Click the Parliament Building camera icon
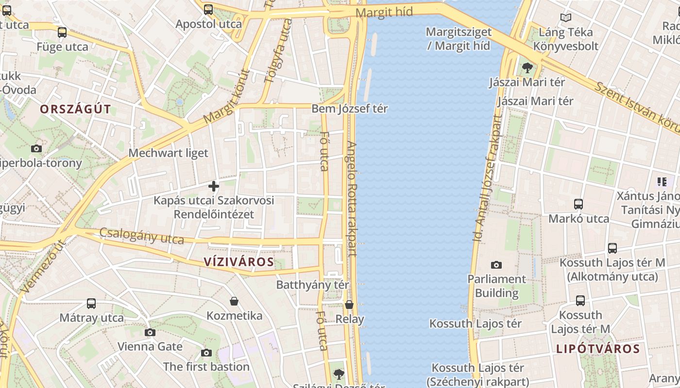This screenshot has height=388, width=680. point(496,265)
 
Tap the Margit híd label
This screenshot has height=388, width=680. point(384,12)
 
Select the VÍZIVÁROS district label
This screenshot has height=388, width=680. point(238,262)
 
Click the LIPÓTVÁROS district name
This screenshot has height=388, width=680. point(598,349)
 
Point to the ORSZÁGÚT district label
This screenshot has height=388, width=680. point(75,109)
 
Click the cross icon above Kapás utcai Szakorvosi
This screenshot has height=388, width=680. point(214,186)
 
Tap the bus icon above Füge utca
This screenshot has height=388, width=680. point(62,32)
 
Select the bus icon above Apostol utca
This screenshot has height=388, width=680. point(208,9)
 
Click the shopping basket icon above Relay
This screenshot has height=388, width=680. point(349,305)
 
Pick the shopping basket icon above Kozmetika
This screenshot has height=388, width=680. point(234,301)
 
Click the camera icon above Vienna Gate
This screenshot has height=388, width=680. point(150,332)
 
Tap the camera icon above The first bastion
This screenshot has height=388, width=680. point(206,353)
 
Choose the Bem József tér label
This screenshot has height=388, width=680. point(349,109)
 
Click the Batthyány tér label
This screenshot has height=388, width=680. point(312,285)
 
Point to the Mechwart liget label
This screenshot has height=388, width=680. point(168,153)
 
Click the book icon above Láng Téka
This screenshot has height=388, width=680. point(565,18)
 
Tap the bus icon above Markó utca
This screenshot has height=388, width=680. point(578,204)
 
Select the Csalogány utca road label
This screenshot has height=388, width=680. point(141,236)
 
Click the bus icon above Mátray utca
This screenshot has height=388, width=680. point(91,304)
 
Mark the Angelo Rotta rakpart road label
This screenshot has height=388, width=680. point(352,199)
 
